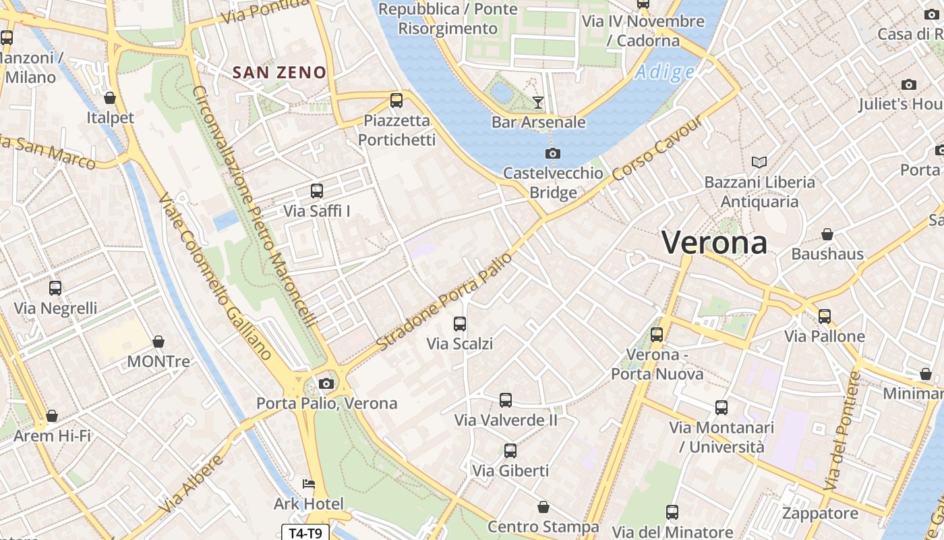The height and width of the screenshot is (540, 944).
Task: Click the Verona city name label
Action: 714,242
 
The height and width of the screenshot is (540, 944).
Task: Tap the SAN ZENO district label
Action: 279,72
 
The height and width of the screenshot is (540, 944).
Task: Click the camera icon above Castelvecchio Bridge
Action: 553,153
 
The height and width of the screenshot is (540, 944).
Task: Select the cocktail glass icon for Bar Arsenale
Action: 538,103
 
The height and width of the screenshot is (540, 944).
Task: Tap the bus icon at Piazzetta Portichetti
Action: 396,101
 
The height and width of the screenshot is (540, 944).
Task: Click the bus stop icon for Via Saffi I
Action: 317,191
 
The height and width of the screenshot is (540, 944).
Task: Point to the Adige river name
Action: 664,72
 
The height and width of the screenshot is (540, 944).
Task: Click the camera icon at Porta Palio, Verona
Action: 326,383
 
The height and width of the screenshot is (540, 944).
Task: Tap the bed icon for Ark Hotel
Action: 309,484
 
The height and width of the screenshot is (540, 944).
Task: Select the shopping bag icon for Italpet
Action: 110,99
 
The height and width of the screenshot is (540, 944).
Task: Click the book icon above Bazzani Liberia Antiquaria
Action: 759,162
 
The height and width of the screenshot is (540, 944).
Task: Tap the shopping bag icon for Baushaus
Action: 827,234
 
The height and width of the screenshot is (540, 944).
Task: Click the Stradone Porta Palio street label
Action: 444,302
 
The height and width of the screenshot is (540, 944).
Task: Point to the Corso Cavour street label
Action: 658,150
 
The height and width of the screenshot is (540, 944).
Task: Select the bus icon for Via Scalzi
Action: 460,324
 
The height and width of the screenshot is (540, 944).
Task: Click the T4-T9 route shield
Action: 305,533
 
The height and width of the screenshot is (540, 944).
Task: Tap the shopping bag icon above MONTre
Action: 158,342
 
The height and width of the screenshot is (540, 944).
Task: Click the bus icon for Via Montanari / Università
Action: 721,408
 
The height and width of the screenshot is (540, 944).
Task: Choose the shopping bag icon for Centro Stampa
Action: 543,507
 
